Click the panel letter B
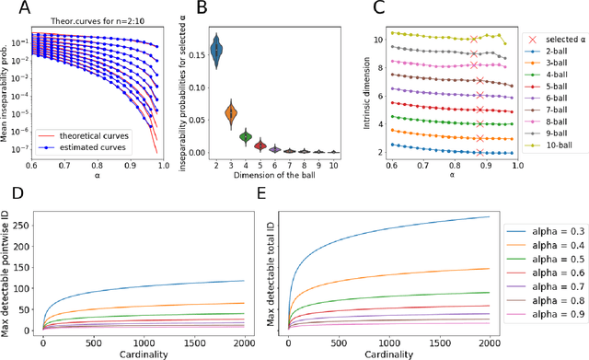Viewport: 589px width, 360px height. (x=199, y=9)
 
